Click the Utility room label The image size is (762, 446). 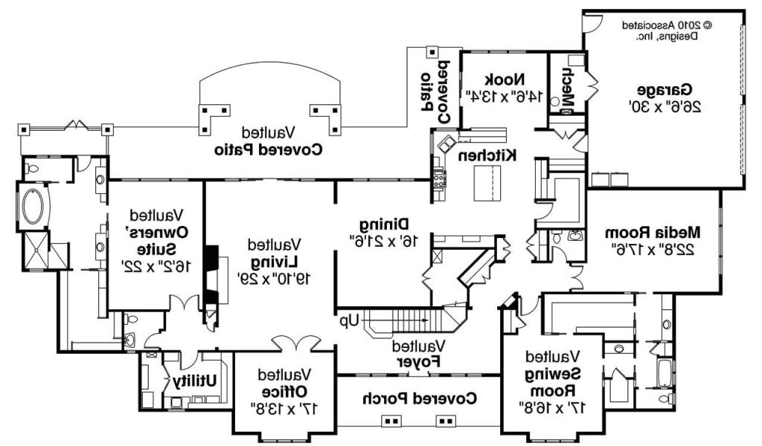[x=195, y=381]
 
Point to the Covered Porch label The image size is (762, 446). [x=420, y=398]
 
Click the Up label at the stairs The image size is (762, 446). [x=350, y=321]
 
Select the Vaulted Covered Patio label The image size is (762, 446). [x=269, y=140]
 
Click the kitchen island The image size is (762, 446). [x=487, y=182]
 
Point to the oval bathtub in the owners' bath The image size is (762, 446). [x=34, y=207]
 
